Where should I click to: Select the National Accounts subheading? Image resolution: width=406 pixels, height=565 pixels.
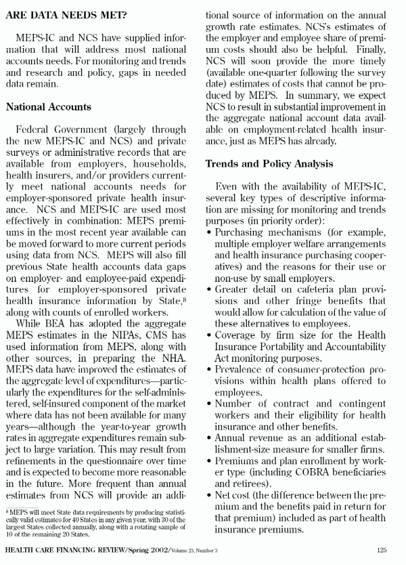(48, 106)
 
